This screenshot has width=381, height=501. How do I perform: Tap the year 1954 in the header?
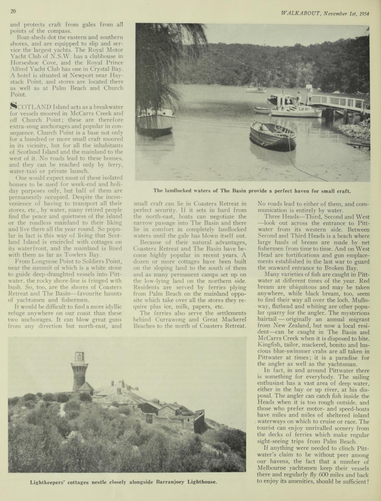click(x=364, y=14)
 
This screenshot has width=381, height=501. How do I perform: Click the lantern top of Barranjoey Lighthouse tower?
click(x=80, y=357)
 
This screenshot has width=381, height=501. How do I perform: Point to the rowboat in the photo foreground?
click(x=272, y=135)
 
